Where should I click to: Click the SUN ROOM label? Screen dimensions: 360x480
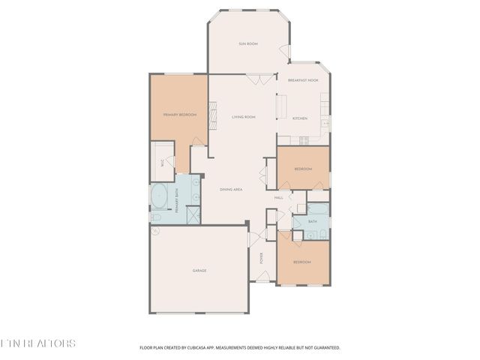248,44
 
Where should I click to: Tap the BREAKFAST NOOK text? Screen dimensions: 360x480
303,80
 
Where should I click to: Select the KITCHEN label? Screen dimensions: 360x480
299,118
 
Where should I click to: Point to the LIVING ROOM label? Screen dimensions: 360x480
243,117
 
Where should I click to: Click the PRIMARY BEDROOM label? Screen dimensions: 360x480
179,115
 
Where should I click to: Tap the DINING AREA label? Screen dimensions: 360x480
230,190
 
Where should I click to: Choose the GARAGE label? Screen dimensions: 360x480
199,271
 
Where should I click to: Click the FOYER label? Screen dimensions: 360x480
261,259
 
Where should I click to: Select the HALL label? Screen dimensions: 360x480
278,197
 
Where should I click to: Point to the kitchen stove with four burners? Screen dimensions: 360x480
304,140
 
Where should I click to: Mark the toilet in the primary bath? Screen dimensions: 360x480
156,217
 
